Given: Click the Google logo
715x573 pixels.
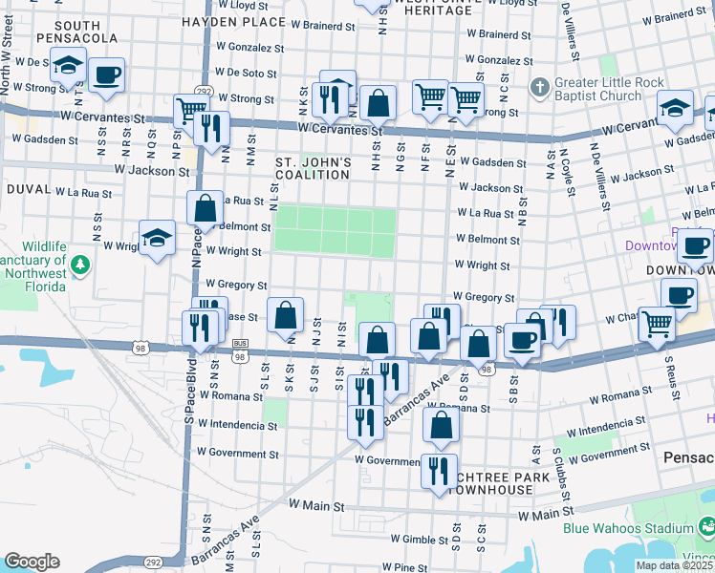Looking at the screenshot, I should point(32,562).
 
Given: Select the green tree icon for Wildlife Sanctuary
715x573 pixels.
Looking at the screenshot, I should point(81,263).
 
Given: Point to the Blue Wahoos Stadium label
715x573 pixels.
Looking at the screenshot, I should point(628,528).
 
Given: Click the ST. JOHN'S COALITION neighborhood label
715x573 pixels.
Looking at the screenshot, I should point(314,169).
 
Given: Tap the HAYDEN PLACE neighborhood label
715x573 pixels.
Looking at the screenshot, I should point(234,21).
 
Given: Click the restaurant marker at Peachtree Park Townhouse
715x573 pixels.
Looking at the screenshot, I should point(439,471).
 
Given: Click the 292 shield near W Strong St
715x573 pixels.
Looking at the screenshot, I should point(203,91).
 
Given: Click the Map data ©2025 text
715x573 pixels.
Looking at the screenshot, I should point(674,565).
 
